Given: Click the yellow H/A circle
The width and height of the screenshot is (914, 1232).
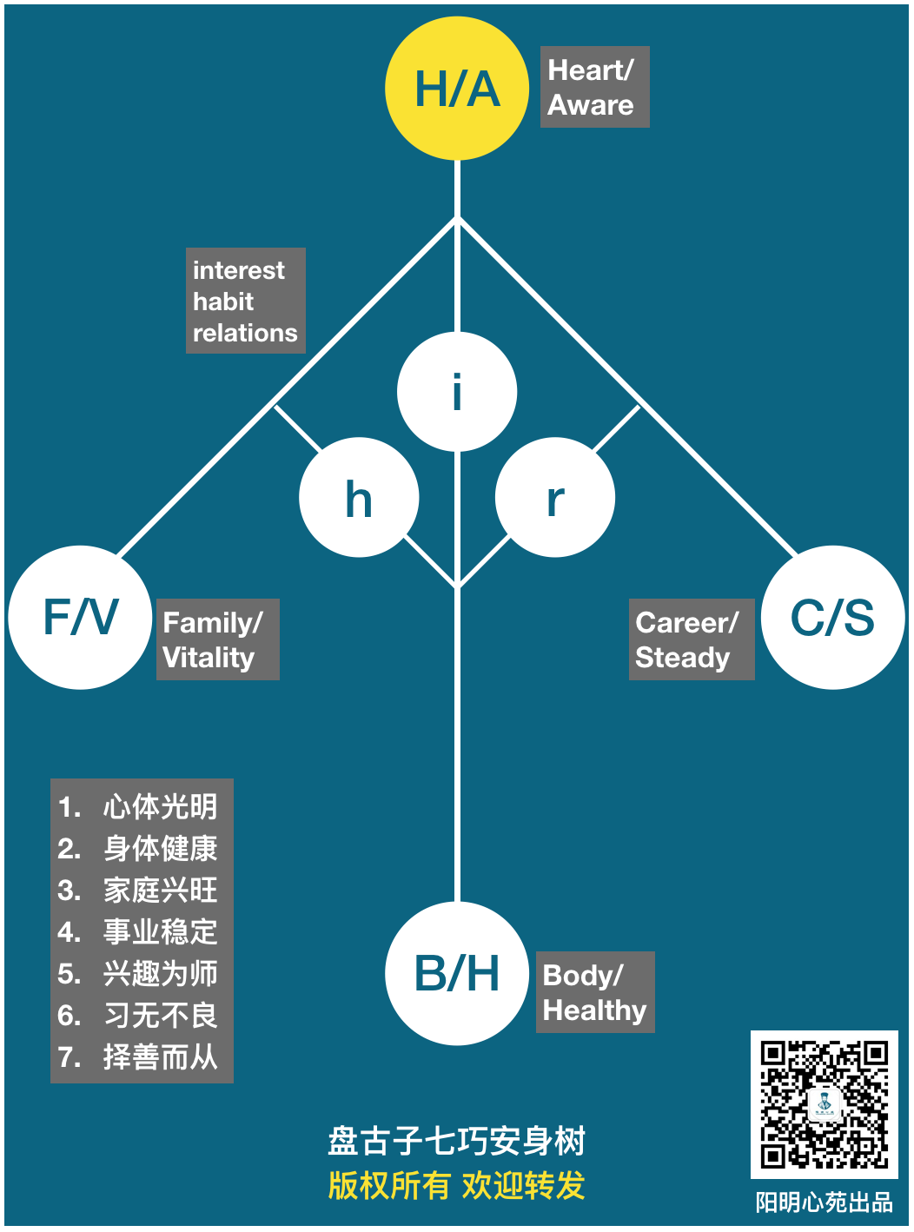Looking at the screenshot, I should coord(457,89).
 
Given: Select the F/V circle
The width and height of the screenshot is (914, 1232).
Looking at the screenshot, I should coord(80,617).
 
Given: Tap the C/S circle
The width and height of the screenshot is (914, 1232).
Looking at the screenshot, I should coord(832,617).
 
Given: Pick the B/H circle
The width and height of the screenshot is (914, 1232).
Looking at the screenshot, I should coord(457,973).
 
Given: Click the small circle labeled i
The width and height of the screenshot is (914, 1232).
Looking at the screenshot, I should coord(457,392).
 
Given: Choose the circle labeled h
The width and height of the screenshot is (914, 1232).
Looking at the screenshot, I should coord(359,498).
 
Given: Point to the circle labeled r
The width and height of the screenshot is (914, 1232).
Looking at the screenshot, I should coord(555,498).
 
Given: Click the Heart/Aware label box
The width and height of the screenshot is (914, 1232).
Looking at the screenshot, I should coord(594,87).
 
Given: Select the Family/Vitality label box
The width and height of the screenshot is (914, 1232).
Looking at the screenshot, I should coord(217,639).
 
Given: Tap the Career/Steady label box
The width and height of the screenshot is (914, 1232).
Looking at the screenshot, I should coord(691,639).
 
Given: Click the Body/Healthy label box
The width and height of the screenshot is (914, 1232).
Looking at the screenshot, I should coord(594,992).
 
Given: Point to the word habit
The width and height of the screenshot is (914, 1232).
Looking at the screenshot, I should coord(223,301).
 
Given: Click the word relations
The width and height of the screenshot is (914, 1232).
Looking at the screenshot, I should coord(245,333).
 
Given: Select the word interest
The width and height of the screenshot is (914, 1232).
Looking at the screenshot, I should coord(239,270).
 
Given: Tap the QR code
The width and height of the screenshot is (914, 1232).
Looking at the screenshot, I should coord(824,1104).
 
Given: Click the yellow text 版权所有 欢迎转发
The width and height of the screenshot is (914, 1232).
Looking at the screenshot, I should coord(457,1185).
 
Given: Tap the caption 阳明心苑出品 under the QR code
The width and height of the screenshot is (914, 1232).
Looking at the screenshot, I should coord(824,1202).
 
